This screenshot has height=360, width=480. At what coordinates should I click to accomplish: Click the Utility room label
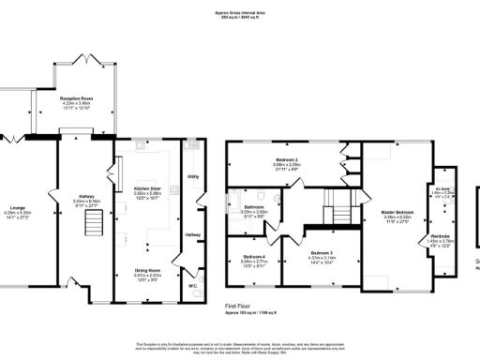(193, 175)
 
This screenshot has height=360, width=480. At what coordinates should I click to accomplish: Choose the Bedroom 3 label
(322, 253)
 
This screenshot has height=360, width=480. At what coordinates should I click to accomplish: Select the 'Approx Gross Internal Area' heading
(240, 12)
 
